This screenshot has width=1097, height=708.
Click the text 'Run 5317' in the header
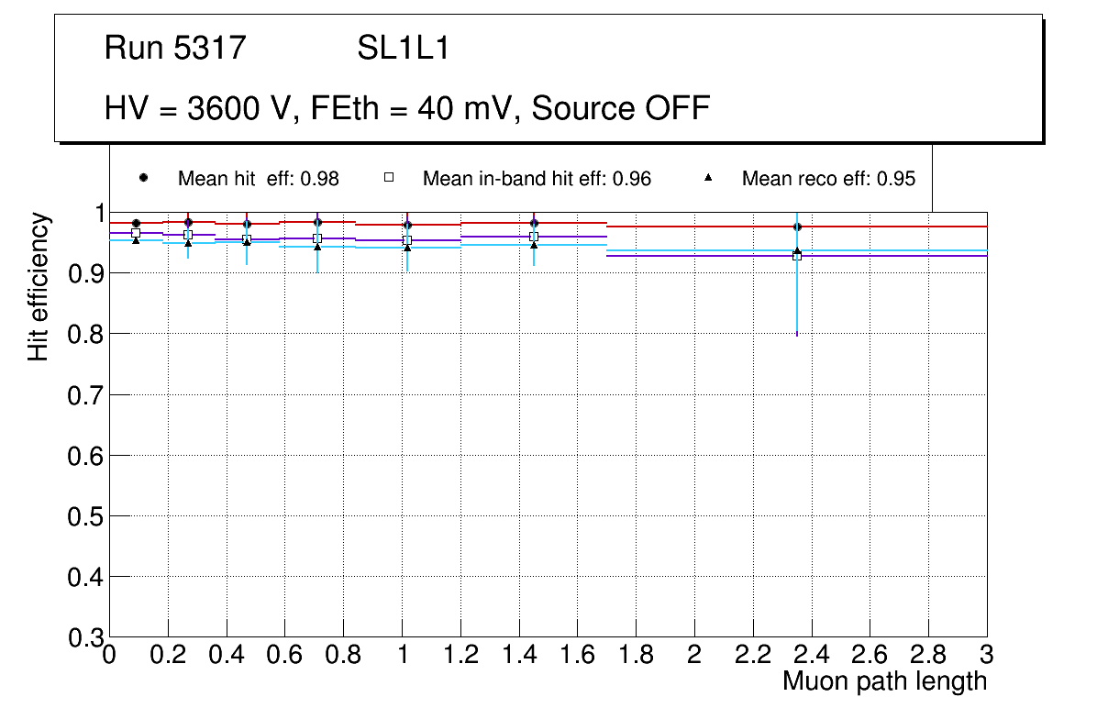coord(175,48)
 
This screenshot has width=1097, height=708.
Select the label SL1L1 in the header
coord(403,48)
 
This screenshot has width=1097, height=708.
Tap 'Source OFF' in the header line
coord(621,108)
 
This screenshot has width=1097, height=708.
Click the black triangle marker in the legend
coord(709,178)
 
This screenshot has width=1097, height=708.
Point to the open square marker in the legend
coord(388,178)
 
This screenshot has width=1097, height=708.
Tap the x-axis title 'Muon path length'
coord(884,681)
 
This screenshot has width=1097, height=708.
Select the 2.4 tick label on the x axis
coord(811,655)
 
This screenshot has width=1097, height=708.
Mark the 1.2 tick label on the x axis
coord(460,655)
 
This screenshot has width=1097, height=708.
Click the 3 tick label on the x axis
coord(986,655)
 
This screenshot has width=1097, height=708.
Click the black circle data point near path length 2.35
coord(797,227)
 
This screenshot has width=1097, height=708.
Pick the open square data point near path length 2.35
coord(797,256)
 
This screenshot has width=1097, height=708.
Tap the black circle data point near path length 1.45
coord(534,223)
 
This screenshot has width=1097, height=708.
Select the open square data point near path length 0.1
coord(136,234)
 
